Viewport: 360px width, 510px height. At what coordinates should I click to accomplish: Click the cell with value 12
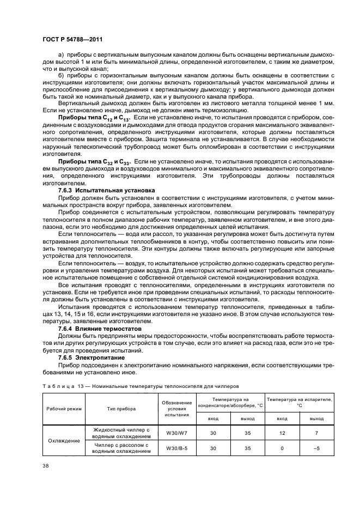tap(282, 433)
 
